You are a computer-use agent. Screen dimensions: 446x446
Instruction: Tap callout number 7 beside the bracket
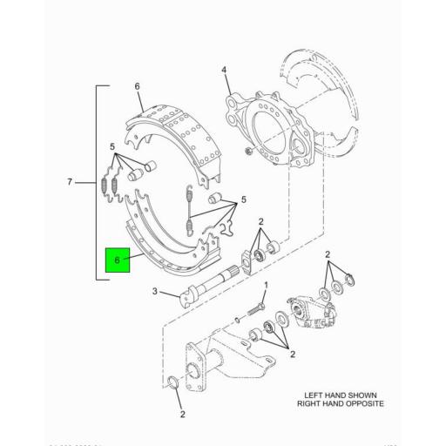point(70,183)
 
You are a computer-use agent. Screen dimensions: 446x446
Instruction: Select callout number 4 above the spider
point(223,70)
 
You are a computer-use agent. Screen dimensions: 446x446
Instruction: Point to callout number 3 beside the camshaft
point(155,292)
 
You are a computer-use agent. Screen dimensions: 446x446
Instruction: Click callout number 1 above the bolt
point(267,286)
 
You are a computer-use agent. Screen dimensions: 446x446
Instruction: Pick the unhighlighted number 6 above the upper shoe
point(137,84)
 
